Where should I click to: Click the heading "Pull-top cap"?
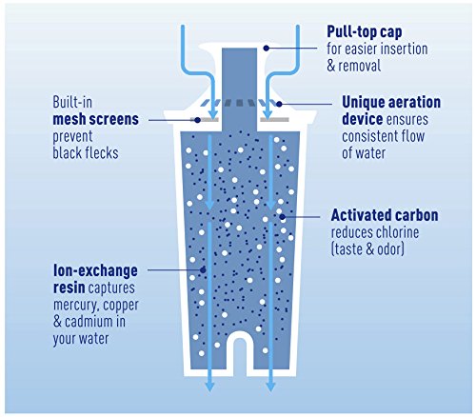365,31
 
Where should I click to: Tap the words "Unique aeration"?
391,102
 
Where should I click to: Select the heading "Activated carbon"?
385,215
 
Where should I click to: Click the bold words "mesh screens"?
96,119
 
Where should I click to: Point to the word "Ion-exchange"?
95,270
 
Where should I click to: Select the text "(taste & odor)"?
367,249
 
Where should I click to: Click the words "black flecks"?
86,153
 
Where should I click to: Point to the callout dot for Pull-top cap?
267,48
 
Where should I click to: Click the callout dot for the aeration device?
279,104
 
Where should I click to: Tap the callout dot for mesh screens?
197,120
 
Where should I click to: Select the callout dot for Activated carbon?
282,217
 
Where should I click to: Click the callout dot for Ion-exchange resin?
203,270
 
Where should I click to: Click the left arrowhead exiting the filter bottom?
209,387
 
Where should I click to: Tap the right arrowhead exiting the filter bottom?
270,387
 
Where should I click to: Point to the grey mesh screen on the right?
275,120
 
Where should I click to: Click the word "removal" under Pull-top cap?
360,66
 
